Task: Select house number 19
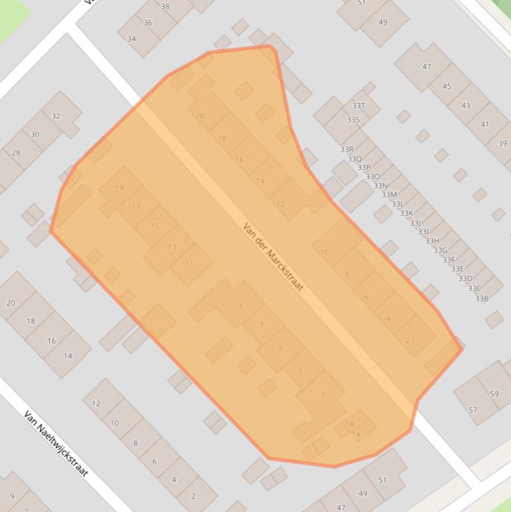pyautogui.click(x=120, y=188)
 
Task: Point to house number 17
pyautogui.click(x=136, y=207)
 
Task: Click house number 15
pyautogui.click(x=155, y=226)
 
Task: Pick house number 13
pyautogui.click(x=172, y=247)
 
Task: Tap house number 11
pyautogui.click(x=189, y=264)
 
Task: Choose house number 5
pyautogui.click(x=280, y=347)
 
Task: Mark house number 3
pyautogui.click(x=300, y=371)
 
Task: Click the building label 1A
pyautogui.click(x=356, y=435)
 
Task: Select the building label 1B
pyautogui.click(x=349, y=424)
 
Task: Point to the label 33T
pyautogui.click(x=358, y=106)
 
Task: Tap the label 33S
pyautogui.click(x=353, y=120)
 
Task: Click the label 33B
pyautogui.click(x=482, y=299)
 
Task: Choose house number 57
pyautogui.click(x=472, y=410)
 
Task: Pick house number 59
pyautogui.click(x=494, y=394)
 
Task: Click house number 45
pyautogui.click(x=447, y=86)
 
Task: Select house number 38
pyautogui.click(x=165, y=7)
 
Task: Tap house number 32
pyautogui.click(x=56, y=116)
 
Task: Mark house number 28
pyautogui.click(x=16, y=152)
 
